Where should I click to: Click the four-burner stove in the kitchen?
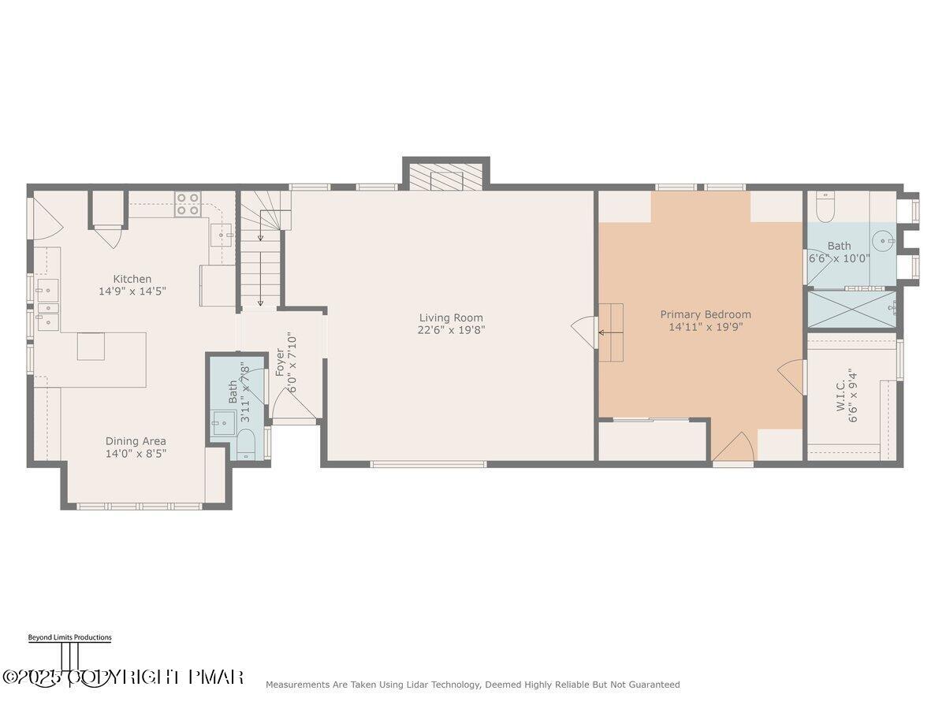pos(188,204)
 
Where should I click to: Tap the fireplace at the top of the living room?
pos(446,177)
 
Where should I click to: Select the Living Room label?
pos(451,318)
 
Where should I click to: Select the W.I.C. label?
pos(840,395)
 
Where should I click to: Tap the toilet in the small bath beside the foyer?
pos(246,444)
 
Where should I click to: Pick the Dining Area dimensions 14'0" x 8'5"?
pos(136,453)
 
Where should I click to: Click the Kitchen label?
pos(132,279)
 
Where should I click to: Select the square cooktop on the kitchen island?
pos(91,347)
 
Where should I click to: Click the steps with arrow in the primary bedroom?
pos(611,332)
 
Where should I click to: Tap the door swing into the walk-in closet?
pos(792,377)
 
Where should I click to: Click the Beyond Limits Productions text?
pos(69,637)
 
